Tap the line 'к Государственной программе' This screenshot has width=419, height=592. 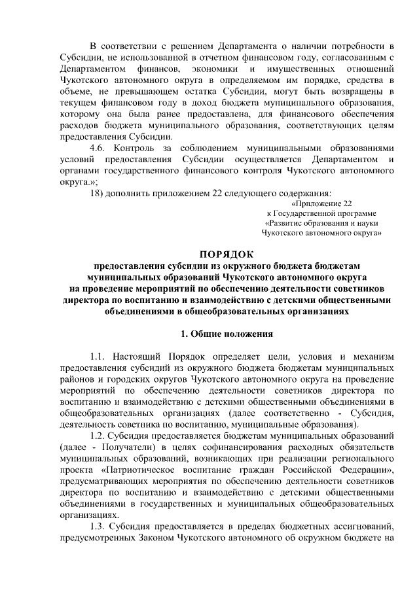click(321, 213)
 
